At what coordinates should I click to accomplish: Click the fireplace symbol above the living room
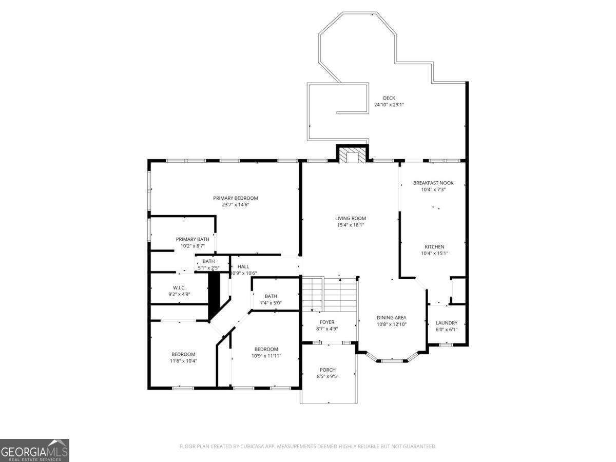[352, 153]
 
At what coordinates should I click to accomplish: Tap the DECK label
[389, 98]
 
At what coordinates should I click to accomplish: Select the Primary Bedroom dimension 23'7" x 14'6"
[236, 205]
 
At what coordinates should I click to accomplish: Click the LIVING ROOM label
[351, 218]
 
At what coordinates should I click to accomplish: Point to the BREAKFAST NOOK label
[433, 183]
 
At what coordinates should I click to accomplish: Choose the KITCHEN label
[434, 247]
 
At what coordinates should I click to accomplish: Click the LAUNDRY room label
[447, 323]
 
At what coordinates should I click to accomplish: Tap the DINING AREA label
[392, 318]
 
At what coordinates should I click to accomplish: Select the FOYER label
[327, 322]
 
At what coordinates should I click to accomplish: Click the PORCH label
[328, 370]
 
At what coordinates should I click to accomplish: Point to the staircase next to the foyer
[329, 294]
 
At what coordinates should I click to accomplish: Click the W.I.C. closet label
[179, 288]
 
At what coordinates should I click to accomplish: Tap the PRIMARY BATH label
[192, 239]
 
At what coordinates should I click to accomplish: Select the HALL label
[243, 266]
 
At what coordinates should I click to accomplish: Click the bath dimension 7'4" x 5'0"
[271, 303]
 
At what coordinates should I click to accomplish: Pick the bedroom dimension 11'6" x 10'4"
[183, 361]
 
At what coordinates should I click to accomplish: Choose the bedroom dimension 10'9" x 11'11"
[266, 356]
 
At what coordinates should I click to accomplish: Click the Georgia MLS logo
[34, 450]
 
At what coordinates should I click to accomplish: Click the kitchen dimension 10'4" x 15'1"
[434, 253]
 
